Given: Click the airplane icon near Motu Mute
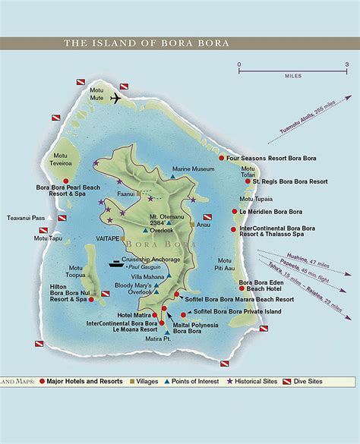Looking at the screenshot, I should (x=116, y=99).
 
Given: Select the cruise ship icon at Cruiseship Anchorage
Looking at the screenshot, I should (x=116, y=264).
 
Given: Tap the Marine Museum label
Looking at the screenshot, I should (x=192, y=169).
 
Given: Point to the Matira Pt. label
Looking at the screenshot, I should (x=157, y=339).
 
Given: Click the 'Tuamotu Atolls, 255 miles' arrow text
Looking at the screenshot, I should (x=300, y=142).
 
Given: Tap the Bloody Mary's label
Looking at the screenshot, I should (x=134, y=284).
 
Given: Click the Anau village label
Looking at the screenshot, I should (x=203, y=225).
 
